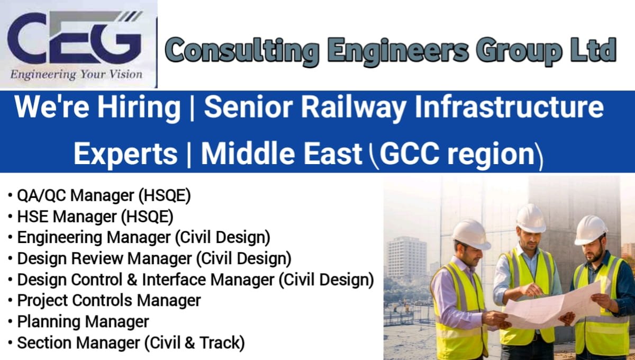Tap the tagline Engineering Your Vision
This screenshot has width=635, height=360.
77,74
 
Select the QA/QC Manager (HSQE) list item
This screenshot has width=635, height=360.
104,195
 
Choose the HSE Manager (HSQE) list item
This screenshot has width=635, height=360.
95,217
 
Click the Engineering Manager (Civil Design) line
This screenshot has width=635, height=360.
143,237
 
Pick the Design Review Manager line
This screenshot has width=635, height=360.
154,258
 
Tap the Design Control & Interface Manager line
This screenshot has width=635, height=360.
195,279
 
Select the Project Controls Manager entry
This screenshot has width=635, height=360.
109,300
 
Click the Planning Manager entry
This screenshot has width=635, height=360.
83,321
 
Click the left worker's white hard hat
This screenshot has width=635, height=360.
470,233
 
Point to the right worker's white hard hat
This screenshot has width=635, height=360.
591,229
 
